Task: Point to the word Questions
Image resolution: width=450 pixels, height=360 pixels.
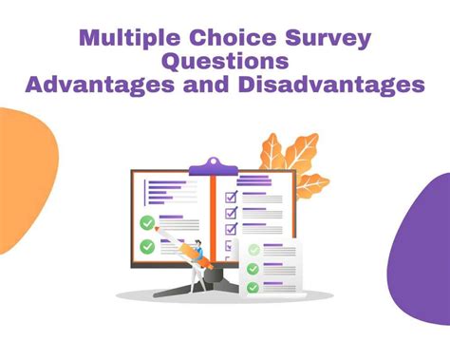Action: click(224, 62)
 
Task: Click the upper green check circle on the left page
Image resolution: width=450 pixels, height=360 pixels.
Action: click(147, 223)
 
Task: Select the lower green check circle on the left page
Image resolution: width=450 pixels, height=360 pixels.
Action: click(147, 247)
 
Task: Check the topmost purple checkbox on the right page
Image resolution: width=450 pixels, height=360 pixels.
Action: click(230, 197)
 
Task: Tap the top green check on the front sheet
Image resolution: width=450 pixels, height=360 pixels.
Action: click(253, 251)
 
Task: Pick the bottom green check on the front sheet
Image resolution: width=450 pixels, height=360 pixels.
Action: click(253, 287)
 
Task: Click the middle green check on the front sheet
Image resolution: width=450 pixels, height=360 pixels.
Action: click(253, 269)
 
